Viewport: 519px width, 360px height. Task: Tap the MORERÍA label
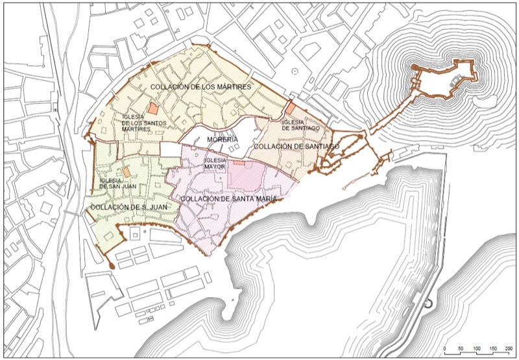tap(221, 139)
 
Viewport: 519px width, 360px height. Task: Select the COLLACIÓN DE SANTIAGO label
tap(296, 147)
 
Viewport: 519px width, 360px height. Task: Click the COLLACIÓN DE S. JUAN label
tap(130, 207)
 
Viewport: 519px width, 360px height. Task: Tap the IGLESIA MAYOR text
tap(214, 163)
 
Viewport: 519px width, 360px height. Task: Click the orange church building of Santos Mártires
tap(151, 108)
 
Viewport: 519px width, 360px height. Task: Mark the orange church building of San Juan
tap(128, 171)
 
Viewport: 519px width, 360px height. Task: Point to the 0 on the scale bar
tap(445, 350)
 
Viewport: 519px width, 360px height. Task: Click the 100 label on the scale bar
tap(477, 350)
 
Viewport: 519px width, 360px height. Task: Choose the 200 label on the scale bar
tap(509, 350)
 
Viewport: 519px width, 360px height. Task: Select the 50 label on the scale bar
tap(461, 350)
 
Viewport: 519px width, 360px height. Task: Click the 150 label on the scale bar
tap(492, 350)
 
